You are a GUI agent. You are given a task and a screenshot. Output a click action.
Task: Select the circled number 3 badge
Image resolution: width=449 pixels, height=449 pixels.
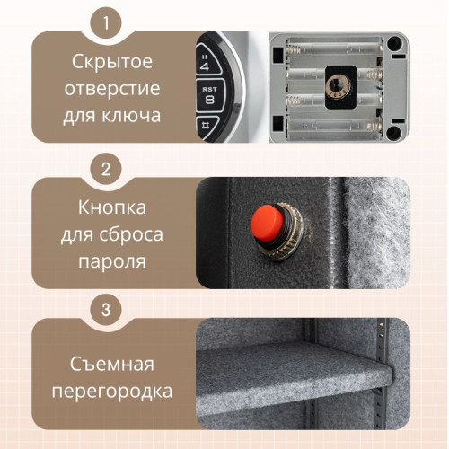point(107,310)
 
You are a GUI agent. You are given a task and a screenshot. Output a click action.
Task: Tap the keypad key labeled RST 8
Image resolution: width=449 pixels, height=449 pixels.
point(209,94)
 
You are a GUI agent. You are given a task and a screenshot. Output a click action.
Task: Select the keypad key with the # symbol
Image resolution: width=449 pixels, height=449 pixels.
point(206,128)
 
